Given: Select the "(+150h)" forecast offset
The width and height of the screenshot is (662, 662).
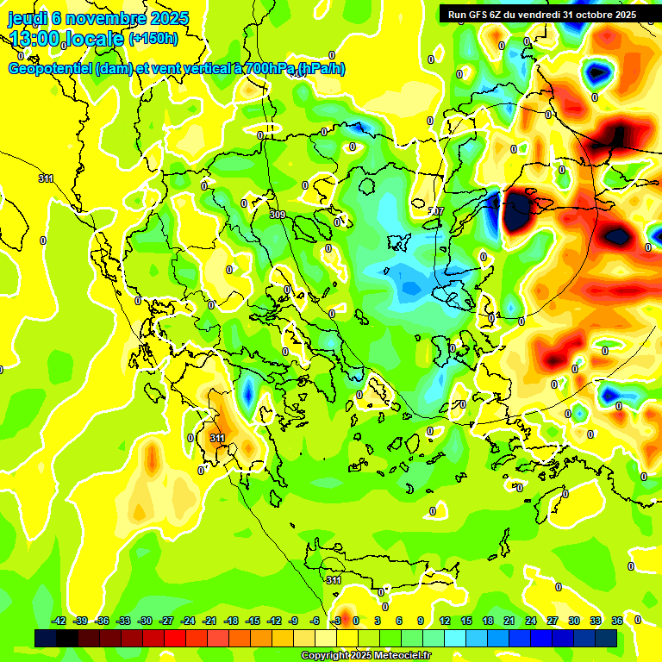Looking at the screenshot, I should click(153, 39).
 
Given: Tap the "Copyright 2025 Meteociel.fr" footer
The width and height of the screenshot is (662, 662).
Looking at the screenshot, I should click(366, 656).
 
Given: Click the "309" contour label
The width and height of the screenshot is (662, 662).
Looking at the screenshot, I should click(277, 215).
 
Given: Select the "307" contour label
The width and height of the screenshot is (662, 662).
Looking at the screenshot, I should click(436, 210).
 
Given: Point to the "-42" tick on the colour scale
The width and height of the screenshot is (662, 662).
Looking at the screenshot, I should click(59, 621).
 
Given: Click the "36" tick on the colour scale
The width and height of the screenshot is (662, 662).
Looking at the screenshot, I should click(617, 621).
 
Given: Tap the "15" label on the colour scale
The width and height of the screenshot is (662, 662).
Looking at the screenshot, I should click(466, 621).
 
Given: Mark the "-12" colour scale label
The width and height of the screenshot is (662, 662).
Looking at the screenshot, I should click(273, 621).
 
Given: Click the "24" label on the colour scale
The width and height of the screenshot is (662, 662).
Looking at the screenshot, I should click(531, 621).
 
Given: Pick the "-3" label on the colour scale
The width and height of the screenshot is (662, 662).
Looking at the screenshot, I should click(337, 621).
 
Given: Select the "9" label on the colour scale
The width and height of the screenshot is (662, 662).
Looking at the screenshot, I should click(421, 621).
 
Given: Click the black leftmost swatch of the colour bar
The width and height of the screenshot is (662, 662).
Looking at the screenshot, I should click(46, 638).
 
